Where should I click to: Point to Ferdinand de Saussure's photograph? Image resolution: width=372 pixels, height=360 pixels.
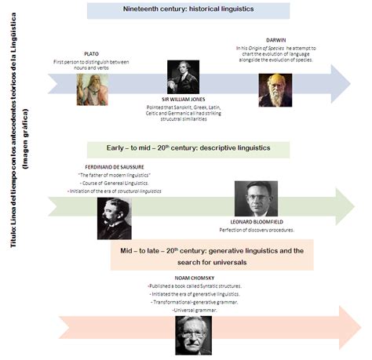(x=114, y=218)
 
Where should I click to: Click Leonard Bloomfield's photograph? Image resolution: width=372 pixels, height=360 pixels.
(x=256, y=199)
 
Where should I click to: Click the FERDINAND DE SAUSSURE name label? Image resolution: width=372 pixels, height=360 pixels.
(x=113, y=166)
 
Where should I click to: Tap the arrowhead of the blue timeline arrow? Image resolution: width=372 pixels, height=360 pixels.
(x=341, y=84)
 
